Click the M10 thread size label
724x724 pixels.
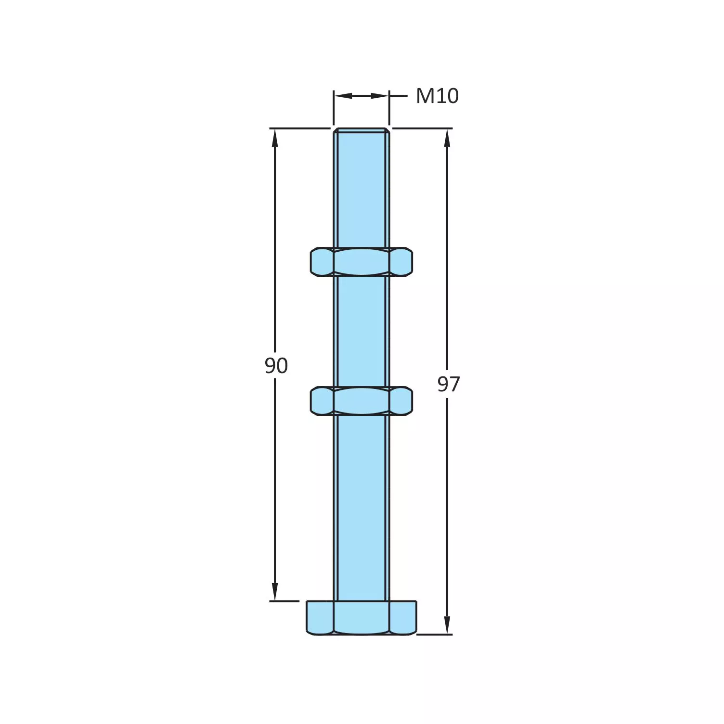[437, 96]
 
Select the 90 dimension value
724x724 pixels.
[276, 366]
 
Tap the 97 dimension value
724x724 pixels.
[448, 384]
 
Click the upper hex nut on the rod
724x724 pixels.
[362, 262]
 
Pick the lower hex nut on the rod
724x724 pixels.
[362, 401]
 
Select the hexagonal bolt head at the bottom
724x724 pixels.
[362, 618]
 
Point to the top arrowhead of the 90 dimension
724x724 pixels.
[275, 137]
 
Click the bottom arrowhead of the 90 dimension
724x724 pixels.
[275, 592]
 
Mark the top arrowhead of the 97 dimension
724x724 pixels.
[447, 137]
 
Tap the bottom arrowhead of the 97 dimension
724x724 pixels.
[447, 625]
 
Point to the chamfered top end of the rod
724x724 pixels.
[362, 130]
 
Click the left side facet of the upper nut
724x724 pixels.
[322, 262]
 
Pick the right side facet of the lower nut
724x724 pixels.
[401, 401]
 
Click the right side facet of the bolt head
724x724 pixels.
[403, 618]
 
